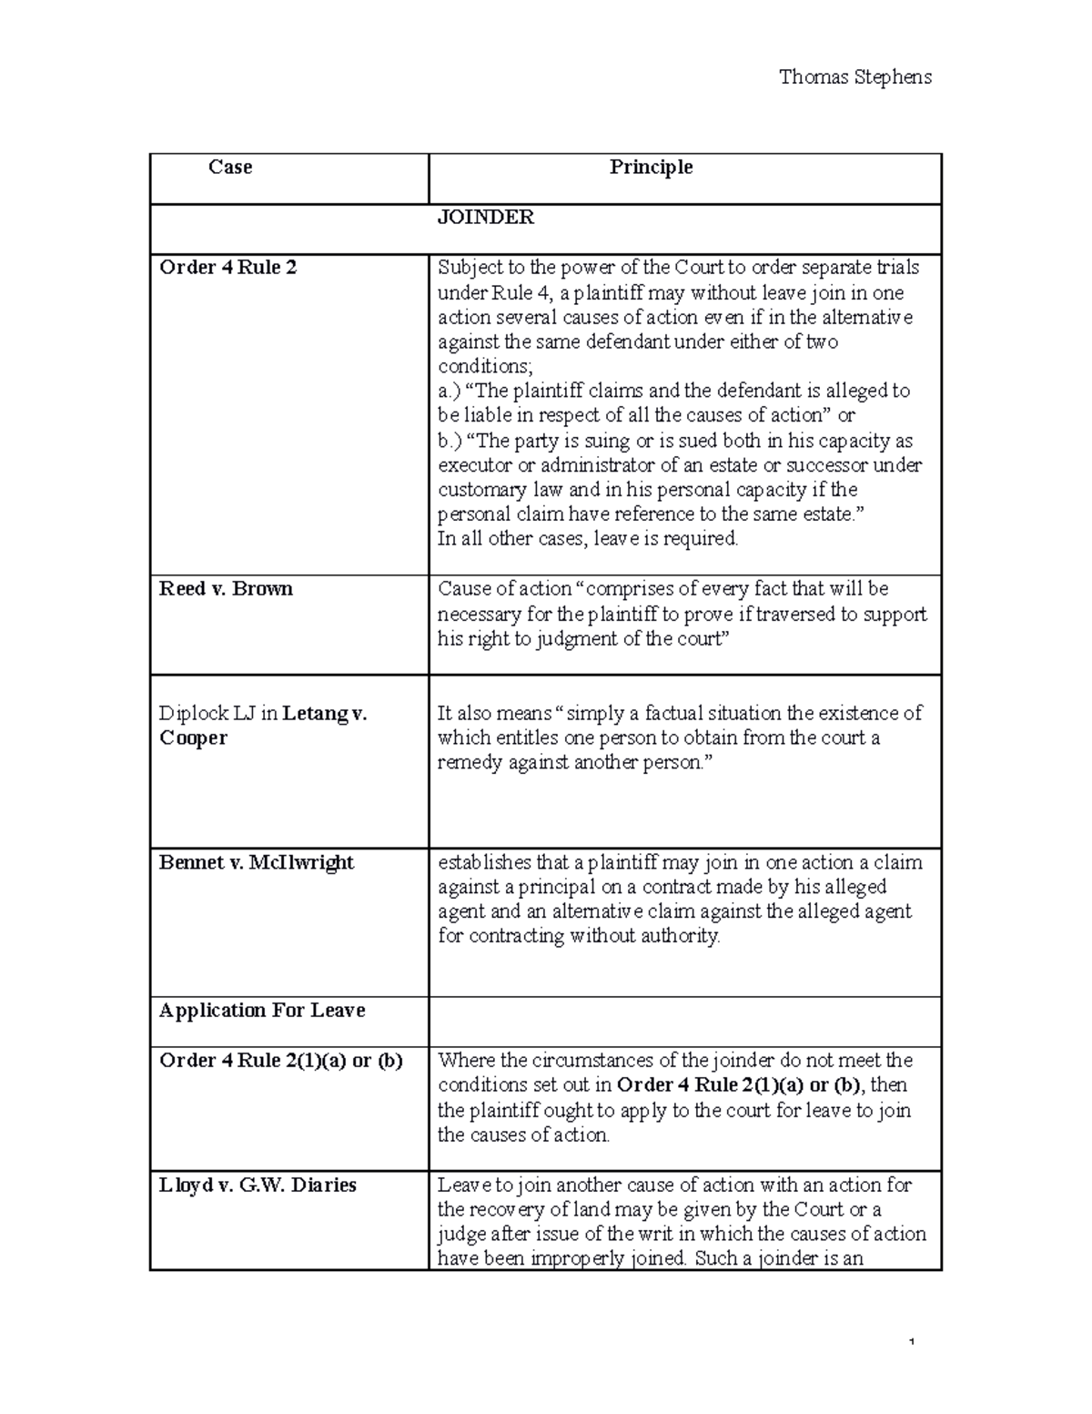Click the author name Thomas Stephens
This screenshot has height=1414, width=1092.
[854, 77]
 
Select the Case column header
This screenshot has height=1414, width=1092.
[230, 168]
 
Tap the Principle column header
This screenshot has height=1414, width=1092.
[651, 168]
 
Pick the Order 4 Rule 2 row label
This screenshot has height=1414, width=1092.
[227, 268]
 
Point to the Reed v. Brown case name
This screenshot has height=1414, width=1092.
[226, 589]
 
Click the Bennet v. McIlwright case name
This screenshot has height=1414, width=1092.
[256, 863]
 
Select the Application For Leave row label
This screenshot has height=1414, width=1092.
[262, 1011]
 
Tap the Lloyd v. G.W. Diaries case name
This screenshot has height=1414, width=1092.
[258, 1185]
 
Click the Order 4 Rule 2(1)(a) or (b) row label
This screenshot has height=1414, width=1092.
[280, 1061]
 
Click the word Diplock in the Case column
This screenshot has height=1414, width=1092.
[193, 714]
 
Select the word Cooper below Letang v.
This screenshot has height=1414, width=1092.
[193, 738]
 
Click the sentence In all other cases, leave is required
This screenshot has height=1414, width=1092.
[588, 539]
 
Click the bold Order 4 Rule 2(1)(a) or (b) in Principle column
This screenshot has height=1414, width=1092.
[741, 1085]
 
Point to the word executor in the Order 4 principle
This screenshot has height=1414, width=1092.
[473, 466]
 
